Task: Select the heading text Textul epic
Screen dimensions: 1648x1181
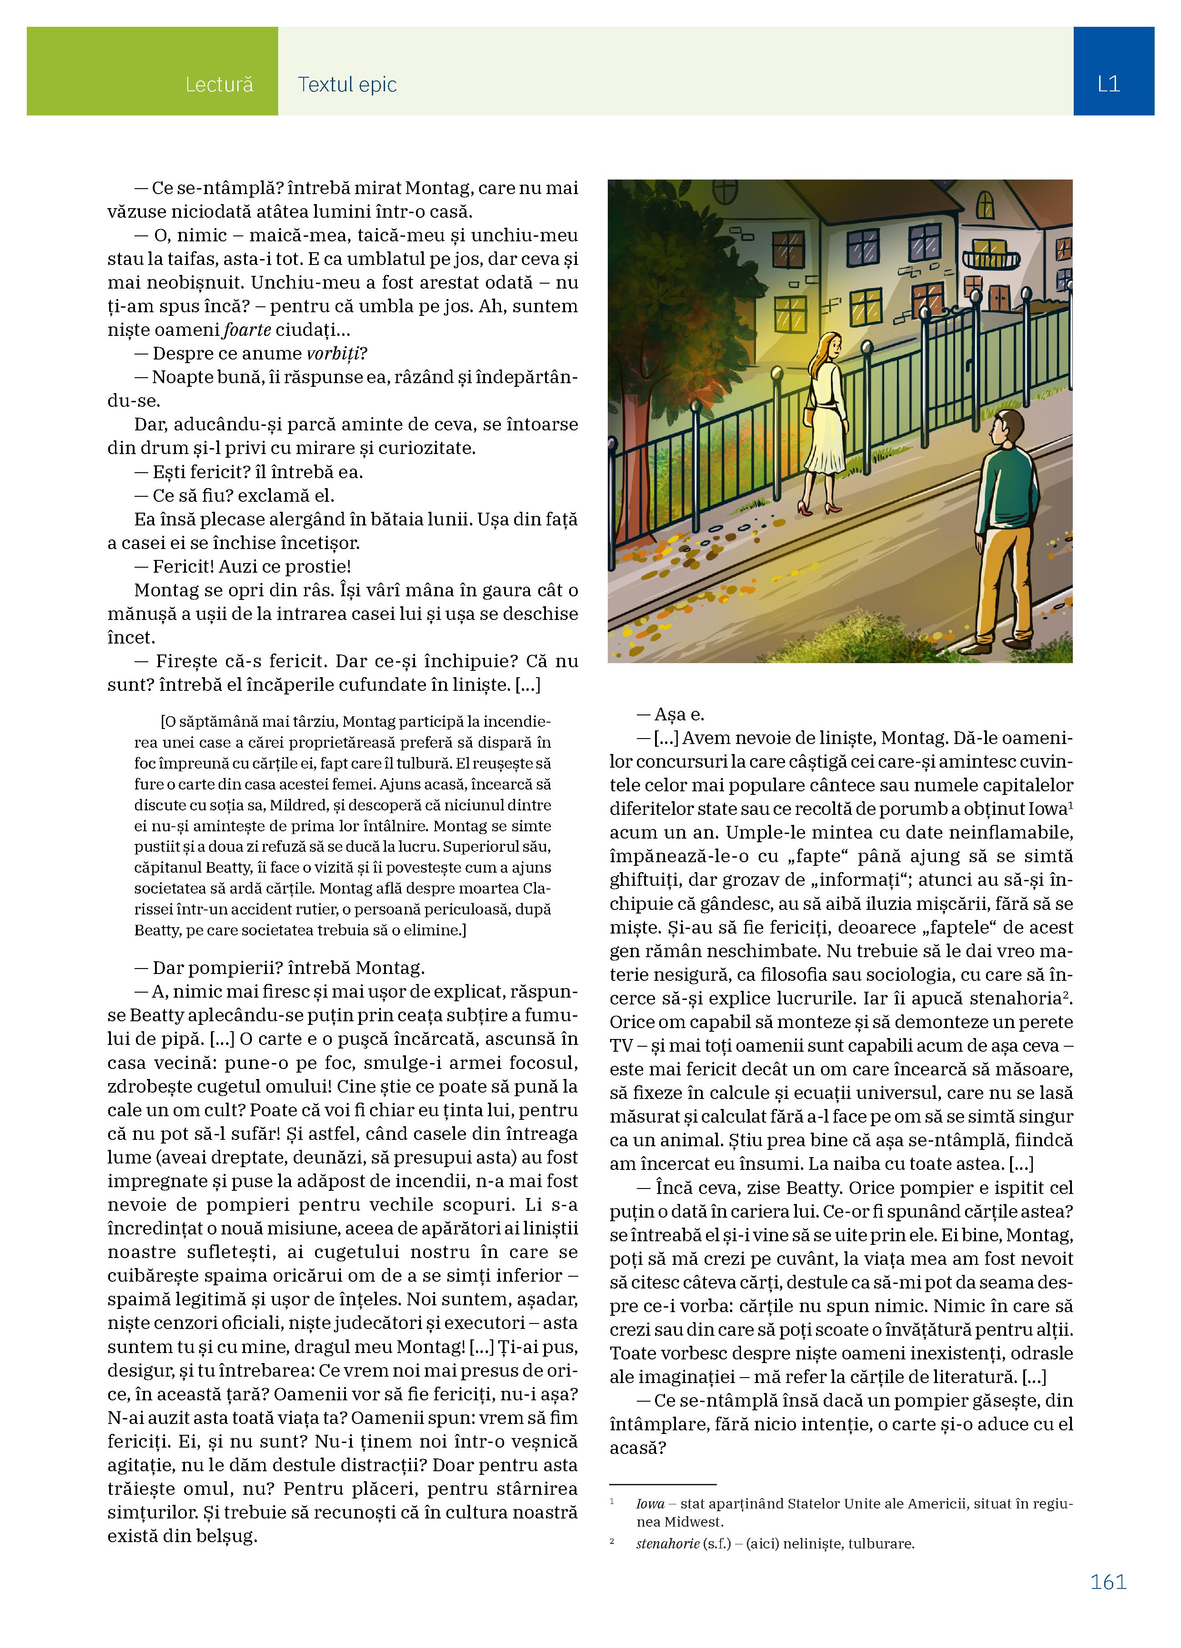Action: point(347,85)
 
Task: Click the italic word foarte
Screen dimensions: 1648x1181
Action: point(247,330)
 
